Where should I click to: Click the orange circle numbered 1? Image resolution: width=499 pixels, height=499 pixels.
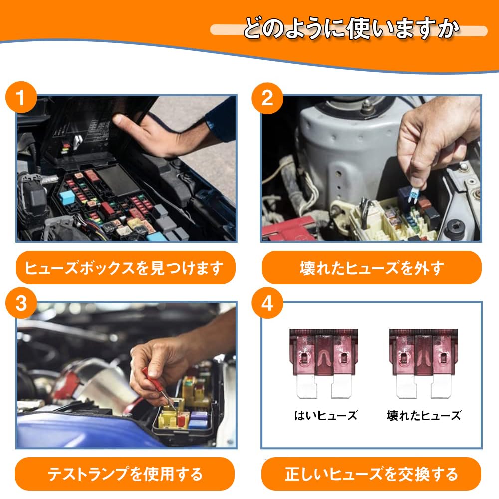coord(21,97)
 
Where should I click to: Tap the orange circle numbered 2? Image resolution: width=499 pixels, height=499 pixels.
coord(267,98)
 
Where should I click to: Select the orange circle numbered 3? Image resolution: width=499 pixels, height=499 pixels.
coord(21,303)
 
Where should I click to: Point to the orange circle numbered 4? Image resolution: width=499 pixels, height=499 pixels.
coord(267,303)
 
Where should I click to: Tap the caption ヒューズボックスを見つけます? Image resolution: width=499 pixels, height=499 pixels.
coord(124,268)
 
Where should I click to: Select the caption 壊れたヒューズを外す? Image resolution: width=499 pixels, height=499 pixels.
coord(372,268)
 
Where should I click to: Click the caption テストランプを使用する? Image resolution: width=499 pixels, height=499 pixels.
coord(125,474)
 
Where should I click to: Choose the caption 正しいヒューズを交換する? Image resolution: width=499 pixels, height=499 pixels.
coord(371,474)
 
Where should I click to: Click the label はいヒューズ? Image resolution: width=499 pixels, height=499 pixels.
coord(325,415)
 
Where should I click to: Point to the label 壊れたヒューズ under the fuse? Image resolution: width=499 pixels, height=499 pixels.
coord(424,415)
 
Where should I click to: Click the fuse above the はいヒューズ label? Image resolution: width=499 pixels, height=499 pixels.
coord(324,363)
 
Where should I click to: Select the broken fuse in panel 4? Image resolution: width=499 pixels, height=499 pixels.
coord(424,363)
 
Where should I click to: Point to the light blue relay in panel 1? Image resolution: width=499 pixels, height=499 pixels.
coord(67,198)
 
